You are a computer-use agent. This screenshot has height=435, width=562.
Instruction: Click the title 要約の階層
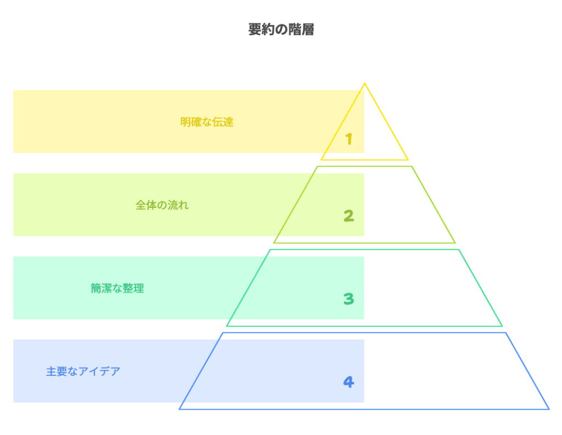tap(281, 30)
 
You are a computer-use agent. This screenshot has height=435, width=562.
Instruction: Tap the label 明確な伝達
tap(207, 122)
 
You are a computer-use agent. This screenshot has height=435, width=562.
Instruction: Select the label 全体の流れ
tap(162, 205)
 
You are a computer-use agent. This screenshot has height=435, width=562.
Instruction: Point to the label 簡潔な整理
tap(117, 288)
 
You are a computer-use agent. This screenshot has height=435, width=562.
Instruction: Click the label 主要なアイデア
tap(83, 371)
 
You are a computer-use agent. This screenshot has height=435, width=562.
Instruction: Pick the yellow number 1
tap(349, 139)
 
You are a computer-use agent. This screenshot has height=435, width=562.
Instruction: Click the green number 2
tap(349, 216)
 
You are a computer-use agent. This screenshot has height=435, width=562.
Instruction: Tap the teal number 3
tap(349, 299)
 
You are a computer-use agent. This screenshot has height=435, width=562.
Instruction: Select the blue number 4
tap(349, 382)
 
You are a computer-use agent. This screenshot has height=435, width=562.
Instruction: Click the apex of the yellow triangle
tap(364, 83)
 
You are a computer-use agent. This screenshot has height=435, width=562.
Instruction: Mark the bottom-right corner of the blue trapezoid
tap(548, 409)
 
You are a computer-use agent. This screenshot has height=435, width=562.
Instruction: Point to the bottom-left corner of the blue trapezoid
tap(180, 409)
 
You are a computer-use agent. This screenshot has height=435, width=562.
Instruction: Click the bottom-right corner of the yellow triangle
tap(408, 160)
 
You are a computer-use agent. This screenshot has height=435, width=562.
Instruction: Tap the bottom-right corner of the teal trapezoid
tap(502, 325)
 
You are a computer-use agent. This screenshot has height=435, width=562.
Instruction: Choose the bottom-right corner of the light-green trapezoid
tap(454, 242)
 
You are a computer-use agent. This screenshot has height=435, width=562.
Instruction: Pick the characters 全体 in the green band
tap(145, 205)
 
